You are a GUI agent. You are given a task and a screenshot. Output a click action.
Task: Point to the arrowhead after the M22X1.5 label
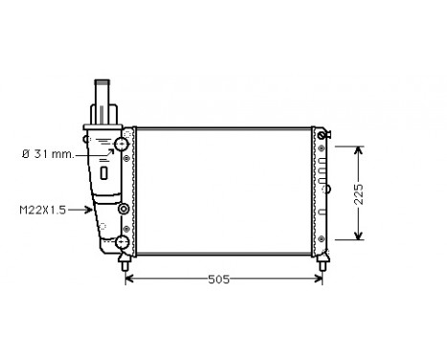(88, 210)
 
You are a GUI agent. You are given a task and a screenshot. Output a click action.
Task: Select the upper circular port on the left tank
(122, 146)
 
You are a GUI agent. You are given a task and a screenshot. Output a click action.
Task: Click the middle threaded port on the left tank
(123, 210)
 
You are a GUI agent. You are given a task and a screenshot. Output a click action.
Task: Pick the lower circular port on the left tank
(122, 242)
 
